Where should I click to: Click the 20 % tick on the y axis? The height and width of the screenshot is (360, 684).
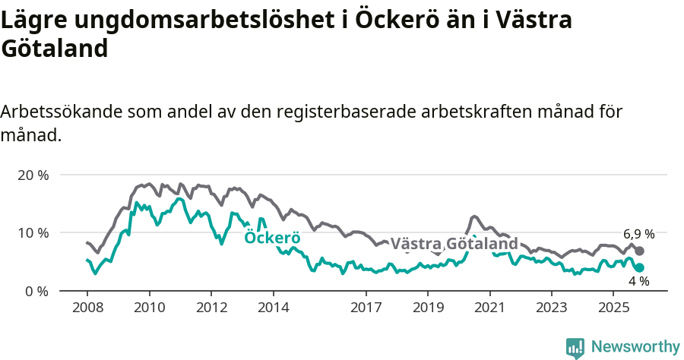click(33, 175)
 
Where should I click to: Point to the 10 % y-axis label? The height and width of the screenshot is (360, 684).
click(33, 232)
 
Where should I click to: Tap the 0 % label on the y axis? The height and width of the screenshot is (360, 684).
click(36, 291)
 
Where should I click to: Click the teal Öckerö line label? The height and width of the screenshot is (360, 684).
click(272, 238)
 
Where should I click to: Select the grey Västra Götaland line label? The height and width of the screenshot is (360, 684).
click(454, 244)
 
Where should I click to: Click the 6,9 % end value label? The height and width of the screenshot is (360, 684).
click(638, 234)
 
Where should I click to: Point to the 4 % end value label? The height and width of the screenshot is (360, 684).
click(638, 281)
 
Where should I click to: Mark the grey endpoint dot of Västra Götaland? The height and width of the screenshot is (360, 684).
click(640, 251)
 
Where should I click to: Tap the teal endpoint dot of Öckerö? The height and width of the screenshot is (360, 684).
click(640, 267)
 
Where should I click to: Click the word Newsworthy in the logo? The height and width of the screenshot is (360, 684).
click(635, 346)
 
